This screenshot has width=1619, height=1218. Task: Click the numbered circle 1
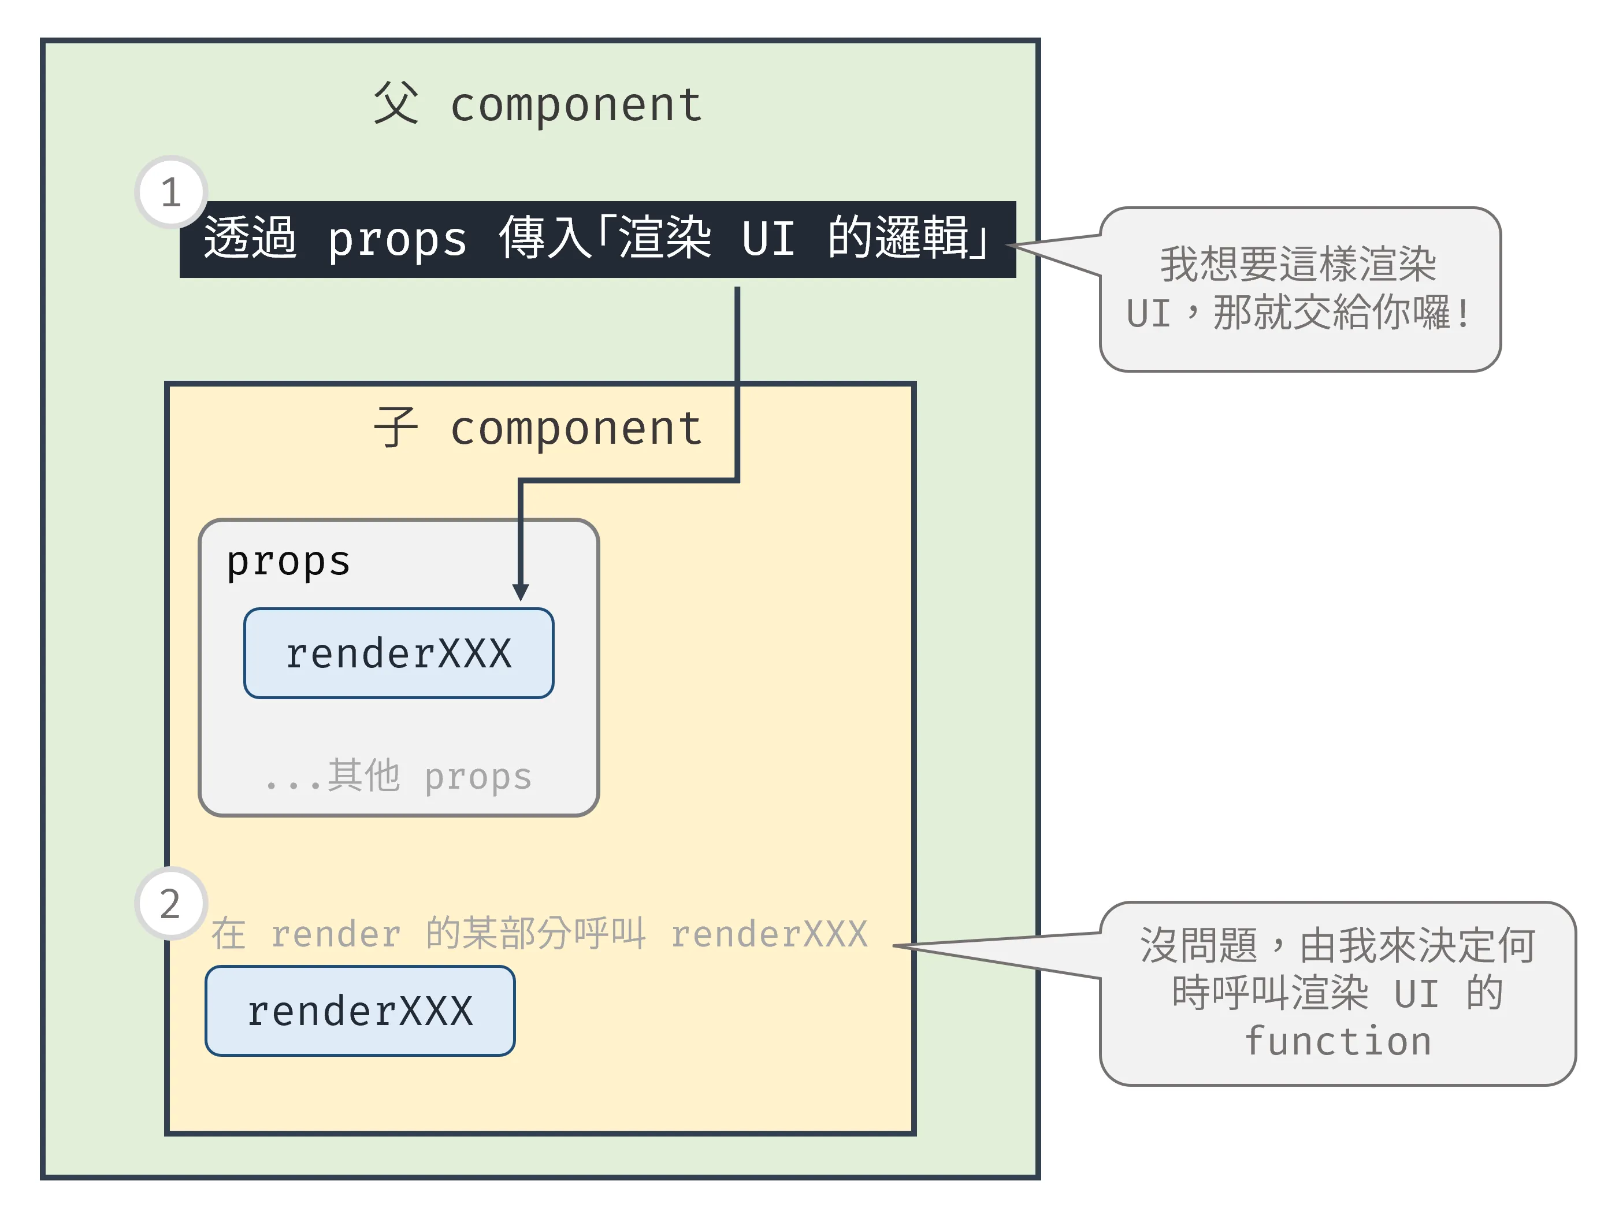171,192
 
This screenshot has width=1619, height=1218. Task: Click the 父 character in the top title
396,103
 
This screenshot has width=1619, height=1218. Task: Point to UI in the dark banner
768,239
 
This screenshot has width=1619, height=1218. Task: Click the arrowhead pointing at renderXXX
521,592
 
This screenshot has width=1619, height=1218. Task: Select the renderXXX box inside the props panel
399,653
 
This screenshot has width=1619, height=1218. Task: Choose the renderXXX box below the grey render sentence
360,1011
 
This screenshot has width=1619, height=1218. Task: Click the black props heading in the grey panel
288,562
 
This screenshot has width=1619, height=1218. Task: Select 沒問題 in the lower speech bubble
1198,945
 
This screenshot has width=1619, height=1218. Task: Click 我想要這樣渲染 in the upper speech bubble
1298,264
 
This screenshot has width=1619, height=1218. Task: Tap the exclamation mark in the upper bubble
1462,314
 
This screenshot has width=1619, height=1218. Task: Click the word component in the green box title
576,105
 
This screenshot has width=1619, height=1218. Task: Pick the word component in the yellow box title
576,428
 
